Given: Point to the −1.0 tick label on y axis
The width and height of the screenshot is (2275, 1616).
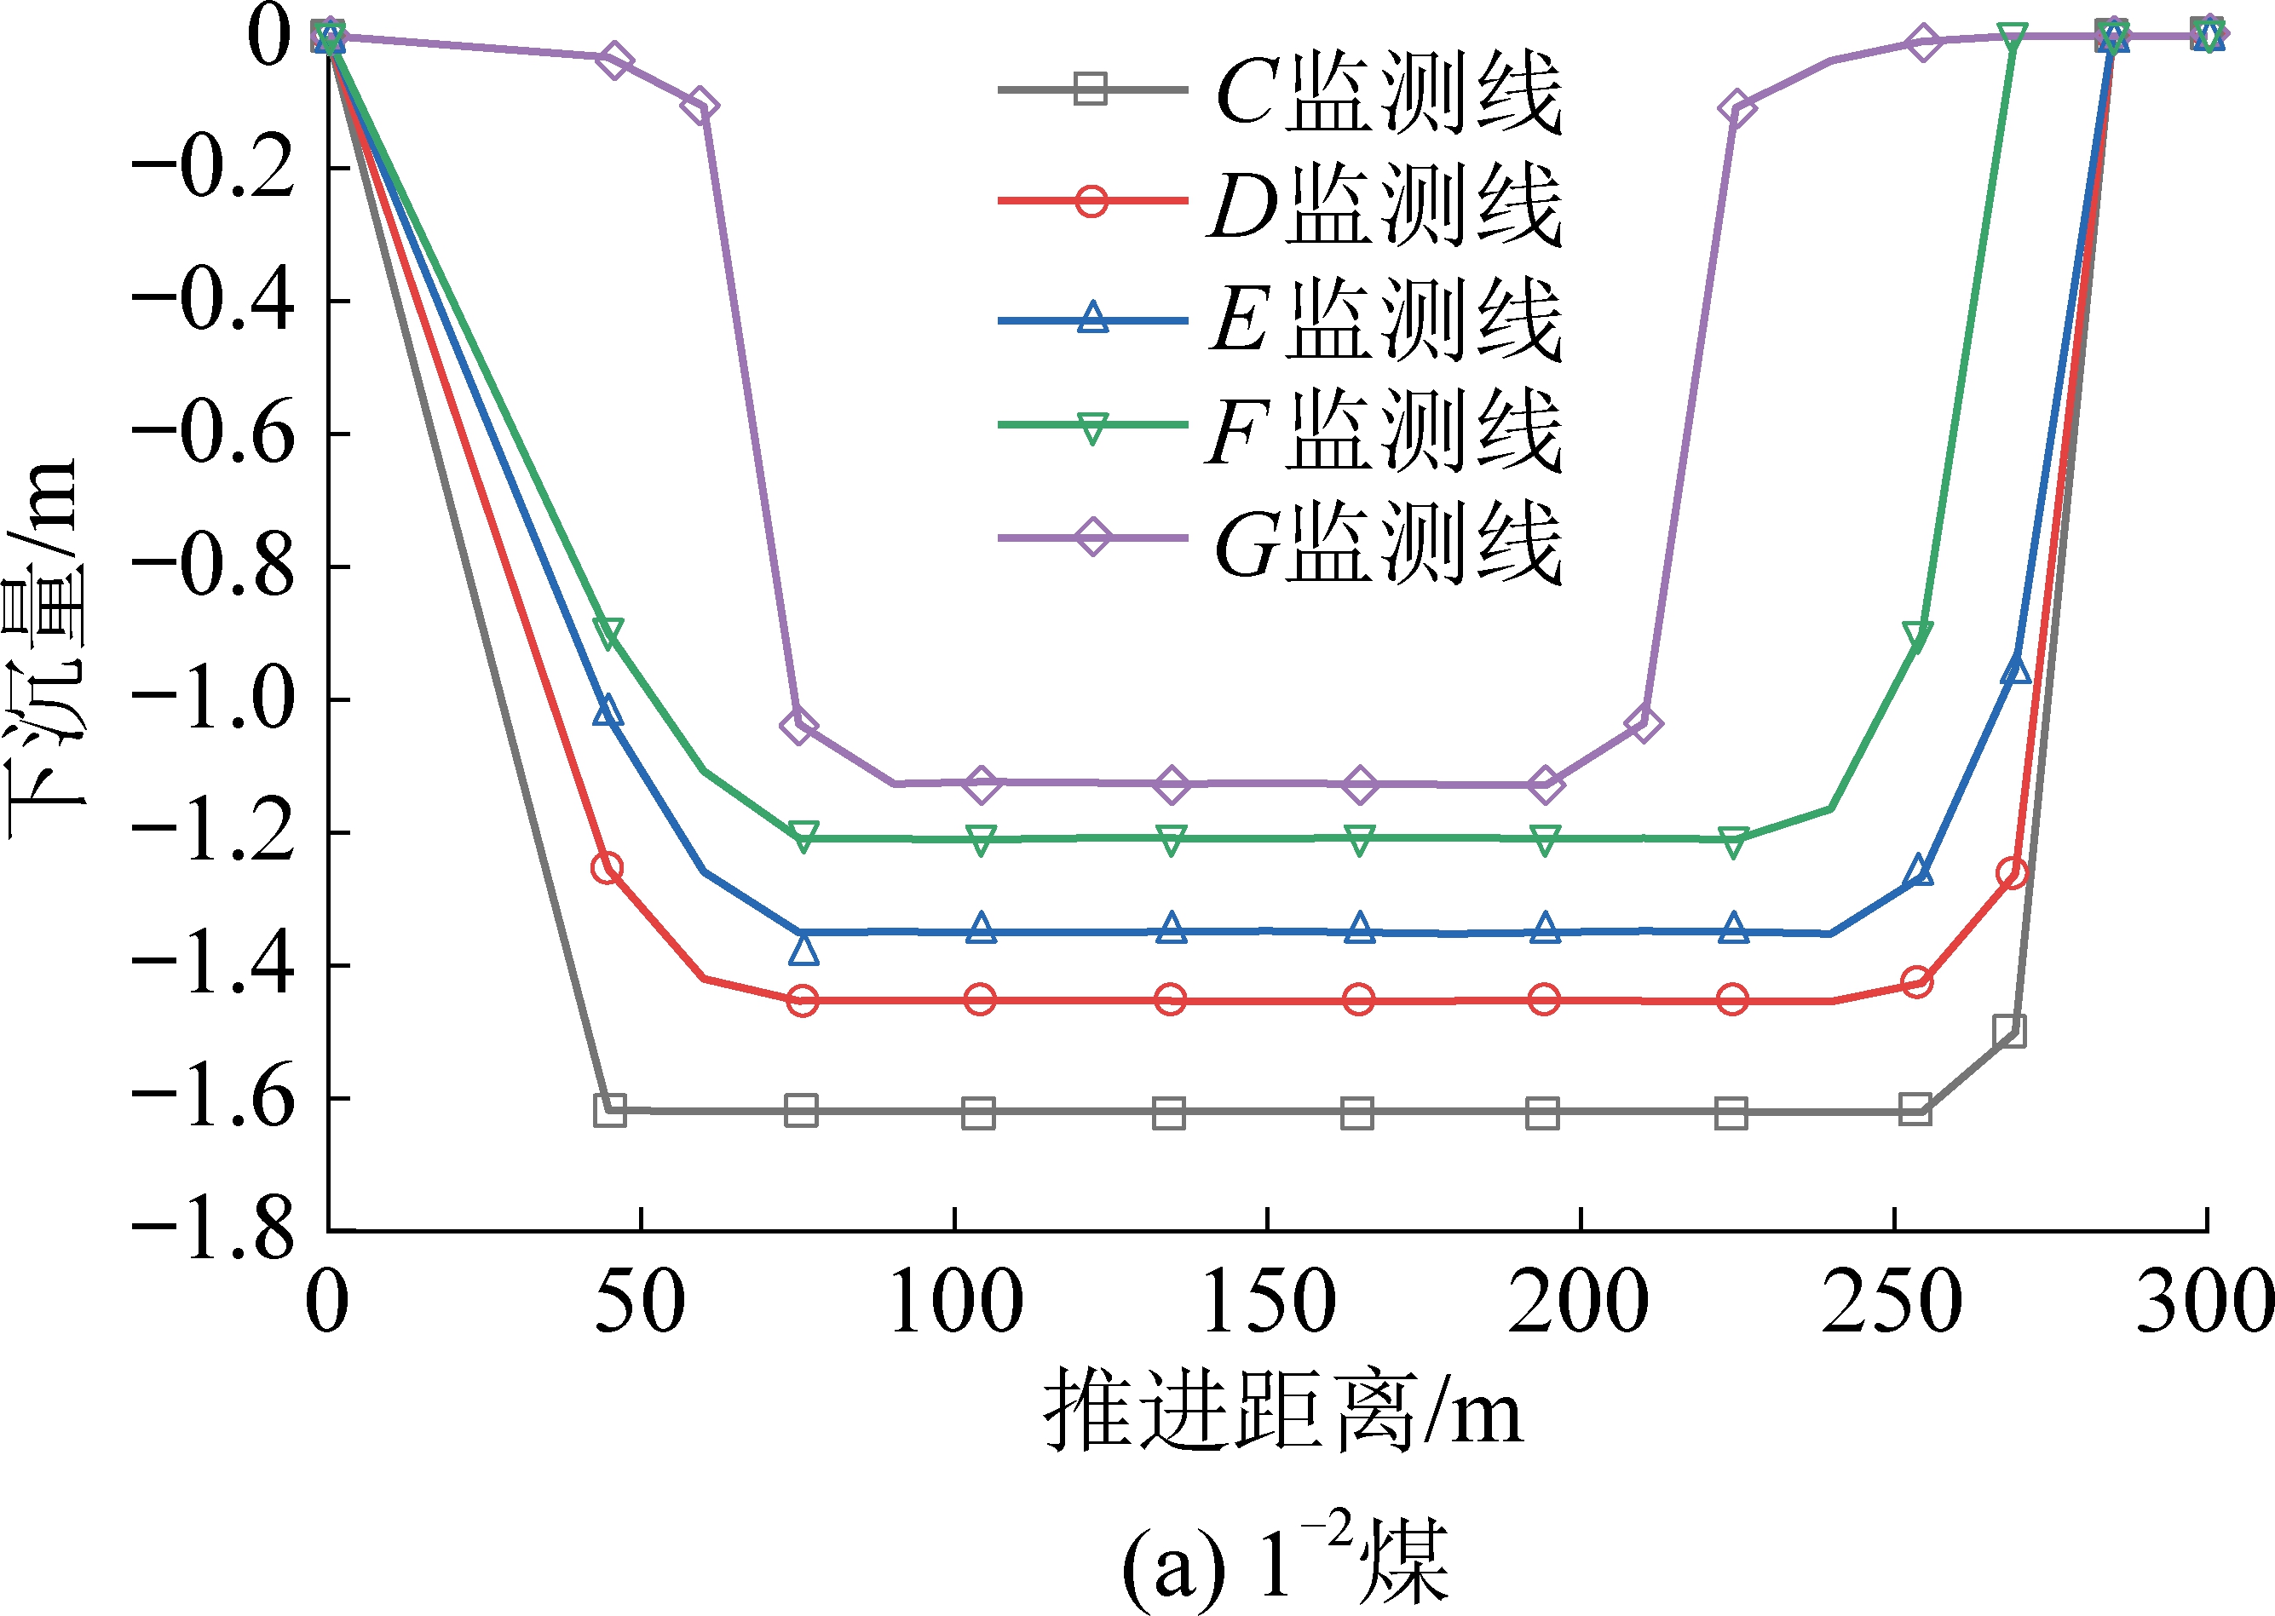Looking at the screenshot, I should [x=214, y=699].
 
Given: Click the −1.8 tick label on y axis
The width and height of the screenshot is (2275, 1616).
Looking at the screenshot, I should [x=214, y=1231].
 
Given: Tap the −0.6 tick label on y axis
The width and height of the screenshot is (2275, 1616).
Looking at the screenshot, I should [x=214, y=434].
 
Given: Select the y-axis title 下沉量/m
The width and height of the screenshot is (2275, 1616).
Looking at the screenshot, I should [x=42, y=647].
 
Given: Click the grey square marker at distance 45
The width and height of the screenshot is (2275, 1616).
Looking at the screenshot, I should [x=609, y=1109].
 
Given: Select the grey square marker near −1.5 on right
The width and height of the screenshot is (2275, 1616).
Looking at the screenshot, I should [x=2009, y=1030].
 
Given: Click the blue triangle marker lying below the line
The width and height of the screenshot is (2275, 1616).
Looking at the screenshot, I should [x=804, y=951].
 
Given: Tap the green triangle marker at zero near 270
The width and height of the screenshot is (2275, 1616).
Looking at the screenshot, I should [x=2013, y=37].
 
